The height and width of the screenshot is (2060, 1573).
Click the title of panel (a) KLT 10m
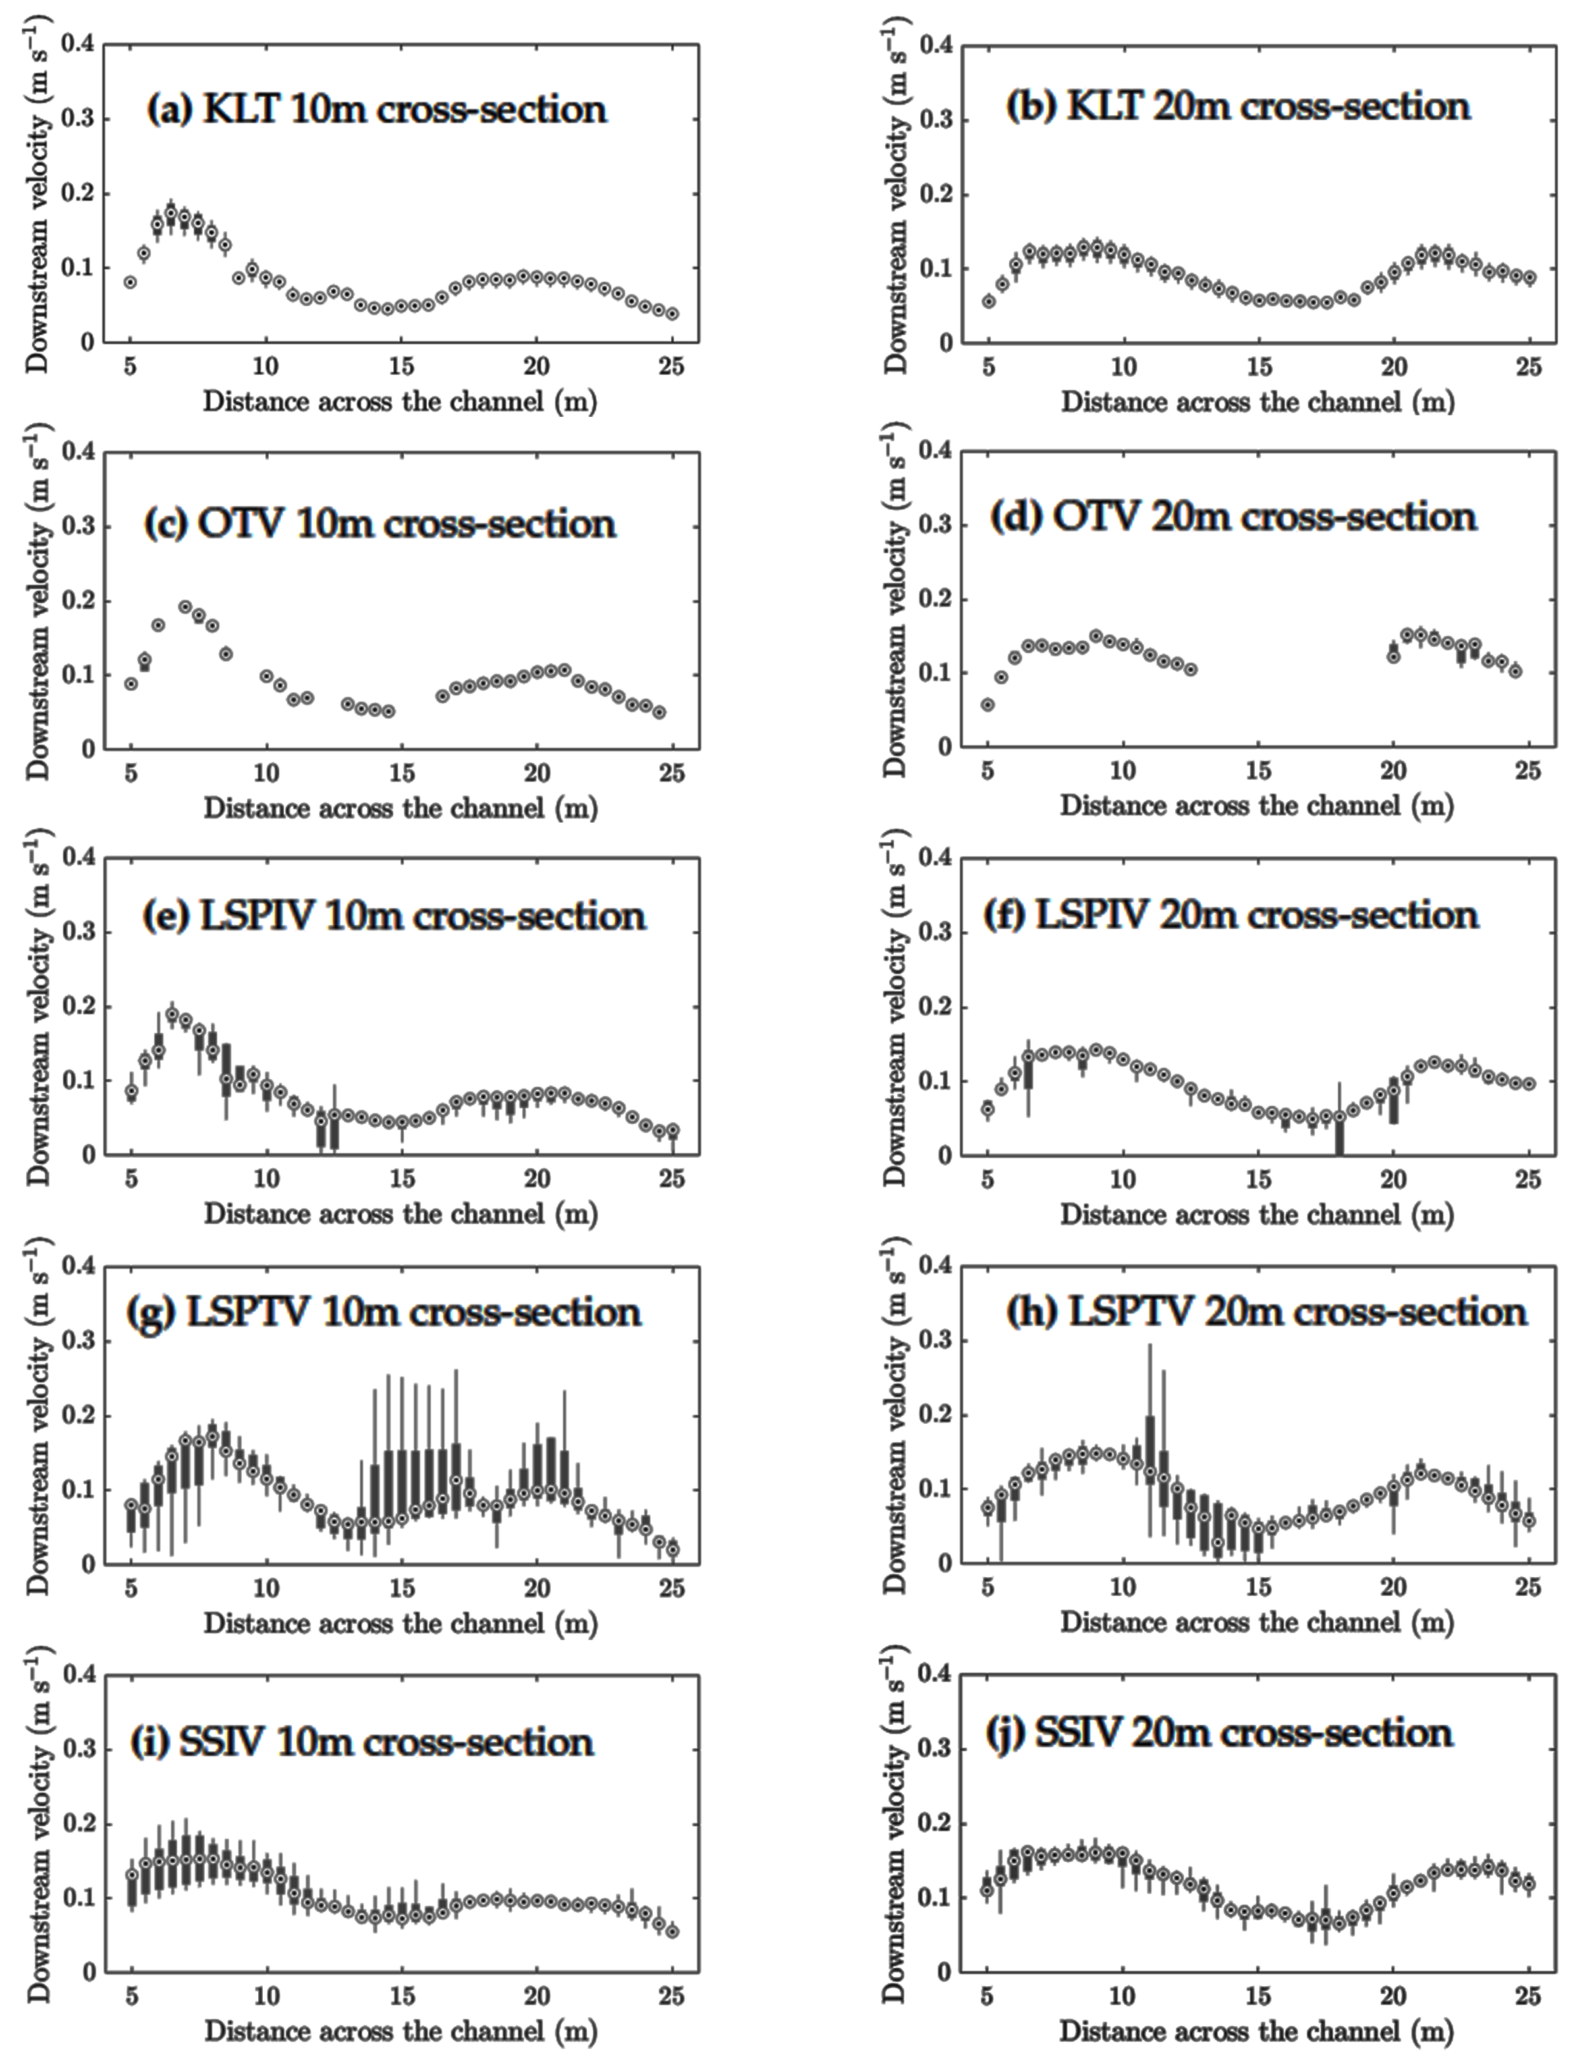coord(376,109)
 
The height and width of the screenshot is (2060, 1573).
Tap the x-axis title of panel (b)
coord(1257,402)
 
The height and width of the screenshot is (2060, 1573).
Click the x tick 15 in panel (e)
coord(402,1179)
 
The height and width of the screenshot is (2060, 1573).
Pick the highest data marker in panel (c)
coord(185,607)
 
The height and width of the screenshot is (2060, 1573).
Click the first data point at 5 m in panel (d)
coord(988,705)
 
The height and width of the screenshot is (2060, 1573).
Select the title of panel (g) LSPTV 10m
coord(384,1312)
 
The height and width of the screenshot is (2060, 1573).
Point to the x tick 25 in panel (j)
coord(1528,1996)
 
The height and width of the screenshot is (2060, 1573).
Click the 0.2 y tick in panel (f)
coord(935,1007)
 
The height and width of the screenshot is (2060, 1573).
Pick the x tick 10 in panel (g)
coord(266,1588)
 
